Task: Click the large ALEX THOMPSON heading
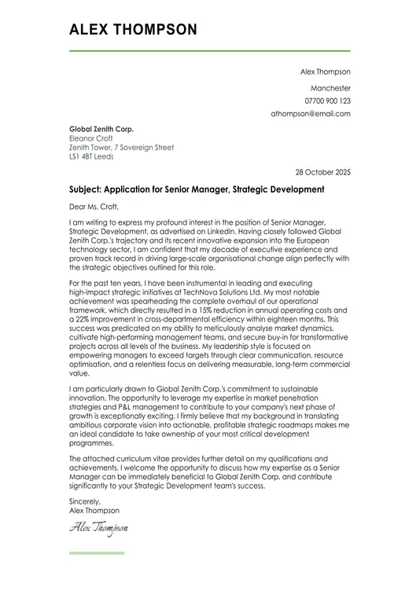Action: (x=133, y=30)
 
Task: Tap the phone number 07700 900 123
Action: (x=327, y=101)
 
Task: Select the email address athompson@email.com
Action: (x=311, y=114)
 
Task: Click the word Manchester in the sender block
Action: (x=330, y=89)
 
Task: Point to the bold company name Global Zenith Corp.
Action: (x=101, y=129)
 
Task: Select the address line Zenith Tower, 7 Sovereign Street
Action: (x=121, y=148)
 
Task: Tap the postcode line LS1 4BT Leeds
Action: (x=91, y=157)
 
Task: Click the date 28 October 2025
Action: (x=322, y=172)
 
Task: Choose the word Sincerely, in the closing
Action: (x=85, y=501)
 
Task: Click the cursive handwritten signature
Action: (x=98, y=528)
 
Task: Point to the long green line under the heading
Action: (x=210, y=51)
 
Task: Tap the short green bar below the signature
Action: (x=97, y=553)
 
